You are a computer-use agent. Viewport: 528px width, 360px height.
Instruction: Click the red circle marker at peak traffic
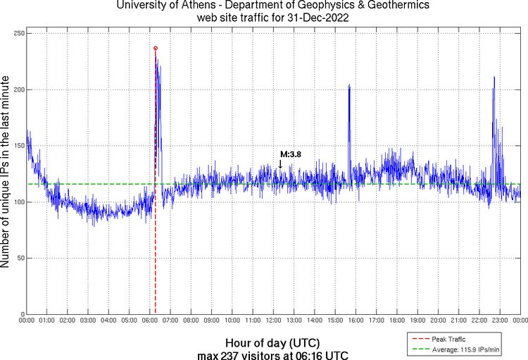156,48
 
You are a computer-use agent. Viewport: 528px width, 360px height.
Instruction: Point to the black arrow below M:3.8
280,164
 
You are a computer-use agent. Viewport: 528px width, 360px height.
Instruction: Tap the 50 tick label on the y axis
19,258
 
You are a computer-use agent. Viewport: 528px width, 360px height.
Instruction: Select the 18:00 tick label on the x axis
397,321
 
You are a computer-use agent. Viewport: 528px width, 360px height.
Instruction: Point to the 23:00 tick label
500,321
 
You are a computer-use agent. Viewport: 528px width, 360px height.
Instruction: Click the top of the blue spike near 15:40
349,85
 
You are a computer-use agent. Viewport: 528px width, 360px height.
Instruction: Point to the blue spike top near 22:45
494,77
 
